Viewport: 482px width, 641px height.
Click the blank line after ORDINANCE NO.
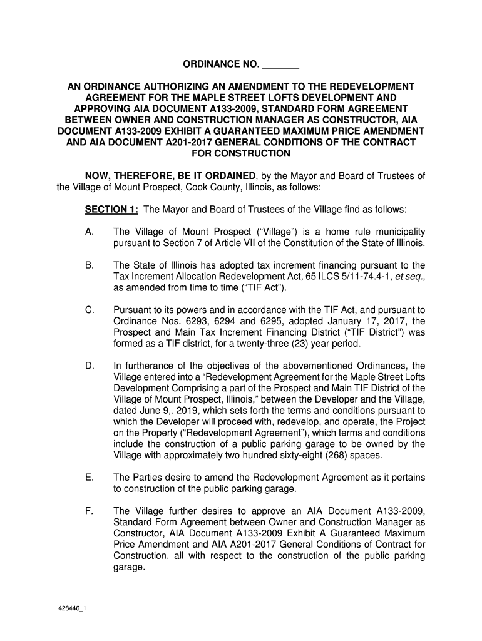click(280, 65)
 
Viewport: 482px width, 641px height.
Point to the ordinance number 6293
click(179, 321)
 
